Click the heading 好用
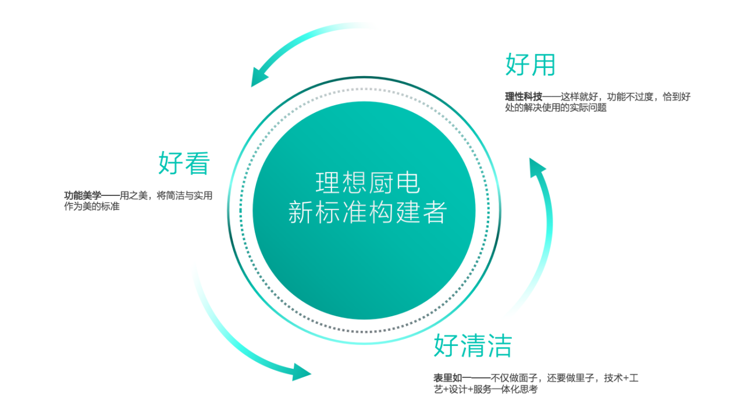(530, 65)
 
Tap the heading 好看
(184, 163)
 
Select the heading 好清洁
(472, 346)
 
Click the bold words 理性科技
(524, 97)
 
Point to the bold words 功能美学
(83, 196)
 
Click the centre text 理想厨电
(368, 183)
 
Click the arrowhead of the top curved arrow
(259, 78)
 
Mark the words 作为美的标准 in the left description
(91, 206)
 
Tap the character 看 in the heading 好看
(197, 163)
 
